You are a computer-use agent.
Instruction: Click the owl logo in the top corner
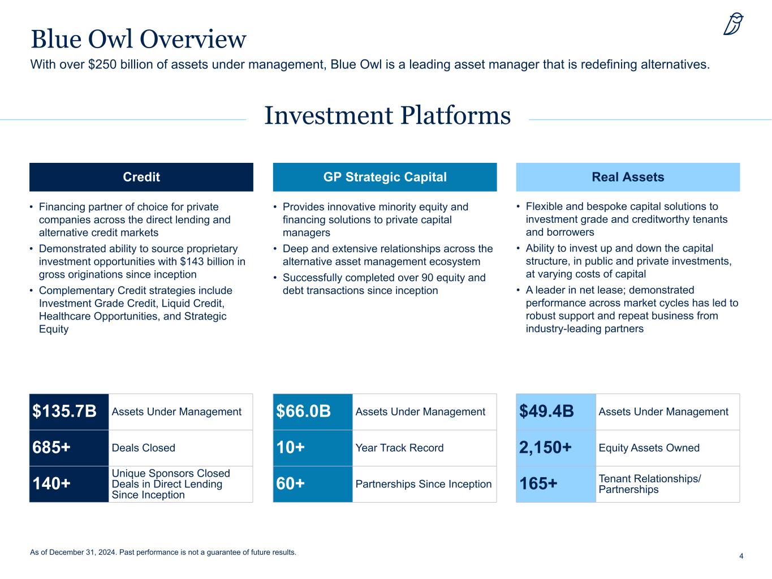coord(733,25)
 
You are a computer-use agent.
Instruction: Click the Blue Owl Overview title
coord(139,39)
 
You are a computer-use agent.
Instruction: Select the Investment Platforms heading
coord(387,116)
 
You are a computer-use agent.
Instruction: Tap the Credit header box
coord(141,177)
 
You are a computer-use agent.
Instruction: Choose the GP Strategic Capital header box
coord(385,177)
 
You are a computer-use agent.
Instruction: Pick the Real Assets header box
coord(628,177)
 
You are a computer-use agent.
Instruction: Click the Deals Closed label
coord(144,448)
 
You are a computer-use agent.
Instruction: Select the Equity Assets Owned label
coord(649,448)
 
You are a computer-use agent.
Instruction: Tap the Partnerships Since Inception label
coord(424,484)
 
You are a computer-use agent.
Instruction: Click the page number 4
coord(741,556)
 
